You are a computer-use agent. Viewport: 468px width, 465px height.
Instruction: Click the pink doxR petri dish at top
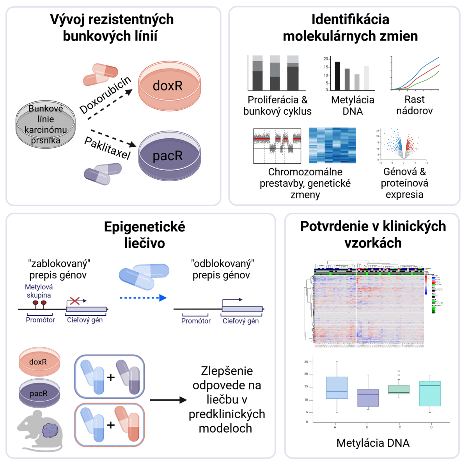coord(169,86)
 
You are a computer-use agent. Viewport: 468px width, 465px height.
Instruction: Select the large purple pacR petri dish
coord(169,156)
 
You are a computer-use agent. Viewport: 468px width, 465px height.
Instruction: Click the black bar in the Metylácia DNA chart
coord(337,76)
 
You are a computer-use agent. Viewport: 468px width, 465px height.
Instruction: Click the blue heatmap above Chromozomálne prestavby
coord(332,145)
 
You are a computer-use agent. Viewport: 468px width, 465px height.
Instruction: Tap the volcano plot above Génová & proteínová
coord(403,145)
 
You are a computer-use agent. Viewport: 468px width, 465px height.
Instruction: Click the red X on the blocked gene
coord(74,301)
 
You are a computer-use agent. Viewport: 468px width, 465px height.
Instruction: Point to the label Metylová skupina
coord(39,291)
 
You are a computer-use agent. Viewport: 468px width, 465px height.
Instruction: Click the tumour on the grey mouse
coord(50,431)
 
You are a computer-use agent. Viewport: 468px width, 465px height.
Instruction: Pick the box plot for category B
coord(368,398)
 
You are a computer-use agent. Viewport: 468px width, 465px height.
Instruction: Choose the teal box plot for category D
coord(430,394)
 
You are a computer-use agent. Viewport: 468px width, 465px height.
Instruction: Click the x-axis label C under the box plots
coord(399,427)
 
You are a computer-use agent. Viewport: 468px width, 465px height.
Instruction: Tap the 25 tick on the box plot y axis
coord(306,362)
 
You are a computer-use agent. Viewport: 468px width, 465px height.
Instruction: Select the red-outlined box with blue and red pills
coord(110,425)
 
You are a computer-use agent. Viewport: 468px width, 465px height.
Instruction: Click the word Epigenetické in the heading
coord(144,227)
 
